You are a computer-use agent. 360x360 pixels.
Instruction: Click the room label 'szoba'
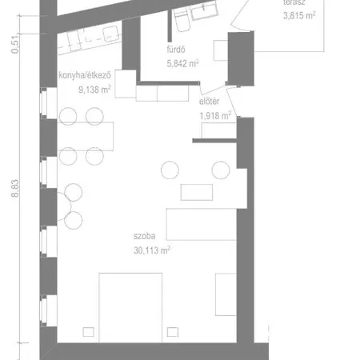coord(144,236)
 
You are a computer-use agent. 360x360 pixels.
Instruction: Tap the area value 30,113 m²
coord(152,250)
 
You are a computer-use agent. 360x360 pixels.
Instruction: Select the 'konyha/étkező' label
coord(85,75)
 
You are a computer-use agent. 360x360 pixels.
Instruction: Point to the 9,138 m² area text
coord(94,90)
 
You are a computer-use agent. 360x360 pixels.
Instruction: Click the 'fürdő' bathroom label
coord(176,50)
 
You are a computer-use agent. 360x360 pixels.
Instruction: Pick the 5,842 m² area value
coord(182,64)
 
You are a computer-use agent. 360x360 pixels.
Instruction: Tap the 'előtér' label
coord(210,102)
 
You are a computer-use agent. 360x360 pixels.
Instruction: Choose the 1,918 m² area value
coord(215,116)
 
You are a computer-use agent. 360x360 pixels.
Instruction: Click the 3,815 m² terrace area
coord(299,15)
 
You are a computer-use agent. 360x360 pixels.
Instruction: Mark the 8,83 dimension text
coord(15,188)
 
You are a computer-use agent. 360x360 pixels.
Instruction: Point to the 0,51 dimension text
coord(15,45)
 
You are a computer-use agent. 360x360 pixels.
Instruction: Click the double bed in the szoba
coord(130,307)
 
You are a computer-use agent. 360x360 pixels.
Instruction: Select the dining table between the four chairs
coord(86,136)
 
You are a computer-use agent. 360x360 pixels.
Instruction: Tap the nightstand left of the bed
coord(88,332)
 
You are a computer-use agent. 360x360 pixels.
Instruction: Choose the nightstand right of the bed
coord(173,332)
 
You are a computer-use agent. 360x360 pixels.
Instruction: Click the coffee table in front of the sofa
coord(197,192)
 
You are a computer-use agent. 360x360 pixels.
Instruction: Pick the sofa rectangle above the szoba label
coord(202,224)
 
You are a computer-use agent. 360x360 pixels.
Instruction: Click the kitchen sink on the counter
coord(111,34)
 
